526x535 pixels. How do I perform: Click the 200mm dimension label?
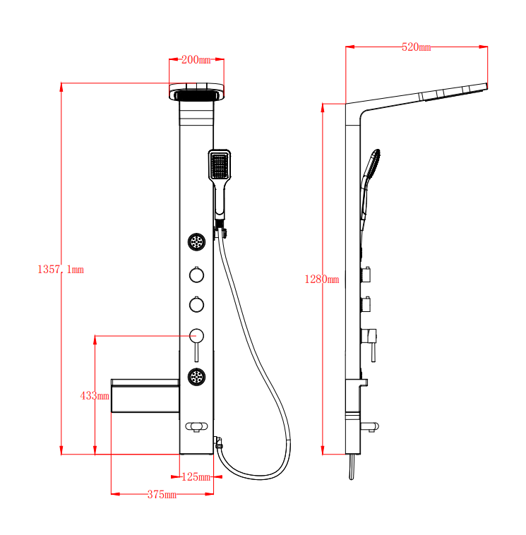(x=196, y=60)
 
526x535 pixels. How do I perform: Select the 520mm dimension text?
(x=416, y=47)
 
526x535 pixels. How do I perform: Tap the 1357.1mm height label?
(x=61, y=270)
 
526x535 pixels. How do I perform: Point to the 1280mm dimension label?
(x=322, y=279)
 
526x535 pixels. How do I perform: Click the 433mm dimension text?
(x=95, y=396)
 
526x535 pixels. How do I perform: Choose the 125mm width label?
(x=196, y=476)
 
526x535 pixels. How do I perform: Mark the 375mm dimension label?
(x=162, y=494)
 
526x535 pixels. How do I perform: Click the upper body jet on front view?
(x=196, y=242)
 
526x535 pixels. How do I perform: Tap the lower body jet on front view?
(x=196, y=377)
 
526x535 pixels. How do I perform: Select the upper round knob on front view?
(x=196, y=275)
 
